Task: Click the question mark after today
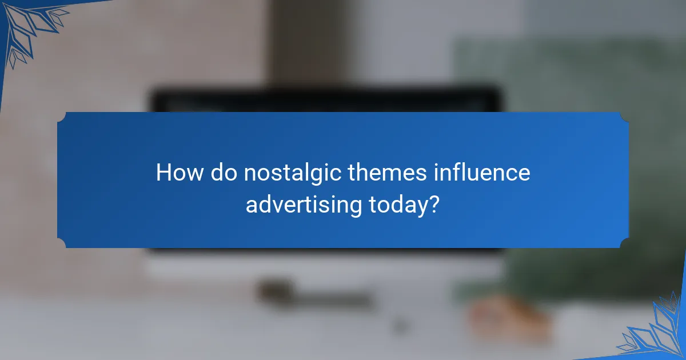tap(434, 204)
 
